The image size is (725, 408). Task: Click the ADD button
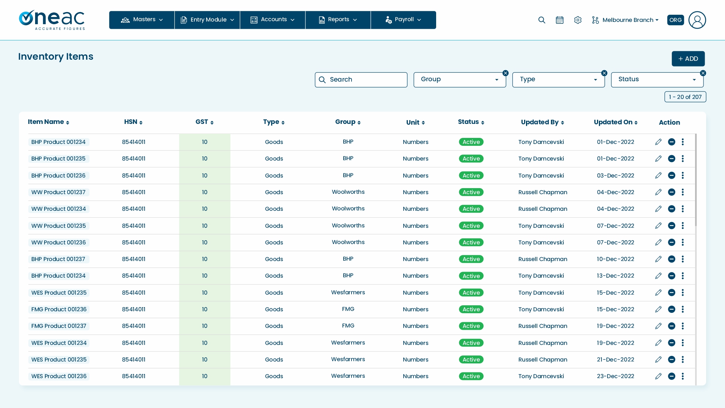(688, 59)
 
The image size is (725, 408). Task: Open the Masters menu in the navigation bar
(142, 20)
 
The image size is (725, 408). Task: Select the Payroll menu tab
(403, 20)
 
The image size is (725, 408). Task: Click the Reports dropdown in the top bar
(338, 20)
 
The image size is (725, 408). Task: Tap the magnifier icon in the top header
(542, 20)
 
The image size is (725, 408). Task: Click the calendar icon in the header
(560, 20)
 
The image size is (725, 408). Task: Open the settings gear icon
(578, 20)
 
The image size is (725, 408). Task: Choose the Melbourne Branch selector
(625, 20)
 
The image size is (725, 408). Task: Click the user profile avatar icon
(697, 20)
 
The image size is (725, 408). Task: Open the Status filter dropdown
(657, 80)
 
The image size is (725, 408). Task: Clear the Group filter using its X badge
(506, 73)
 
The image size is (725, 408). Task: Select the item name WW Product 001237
(59, 192)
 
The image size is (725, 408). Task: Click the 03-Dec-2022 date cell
(615, 176)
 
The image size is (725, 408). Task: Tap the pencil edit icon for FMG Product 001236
(658, 309)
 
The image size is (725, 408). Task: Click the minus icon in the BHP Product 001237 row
(671, 259)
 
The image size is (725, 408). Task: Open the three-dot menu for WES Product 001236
(683, 376)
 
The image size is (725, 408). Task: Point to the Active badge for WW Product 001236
(471, 243)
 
